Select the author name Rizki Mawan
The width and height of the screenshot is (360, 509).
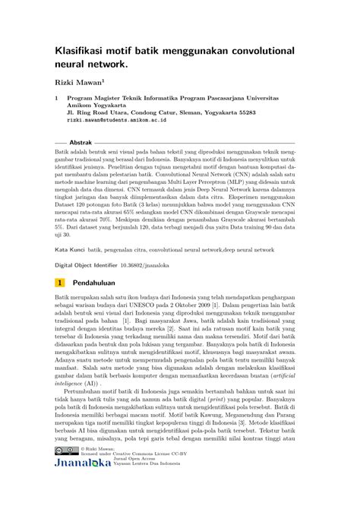(x=78, y=80)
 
